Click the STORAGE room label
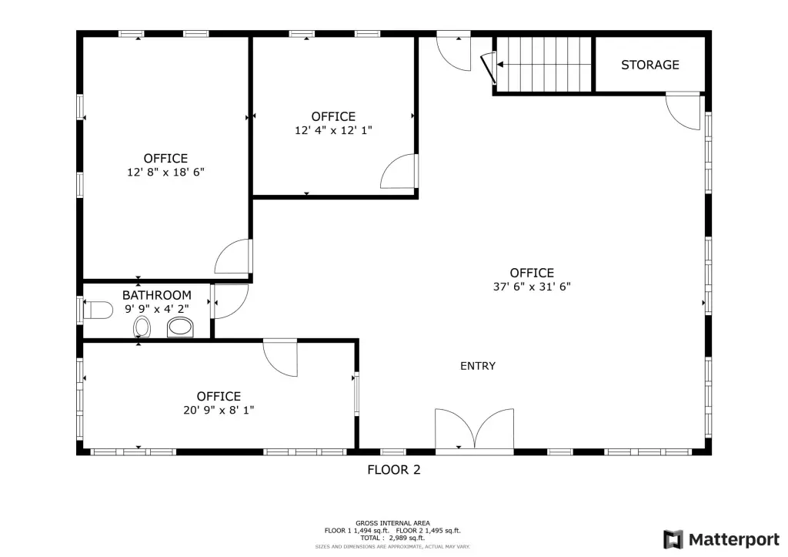649,65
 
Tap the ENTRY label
477,366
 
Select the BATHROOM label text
157,295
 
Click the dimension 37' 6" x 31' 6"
532,287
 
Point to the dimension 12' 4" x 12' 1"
333,130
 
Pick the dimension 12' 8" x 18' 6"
165,172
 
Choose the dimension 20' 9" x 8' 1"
219,410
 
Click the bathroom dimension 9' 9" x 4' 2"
157,308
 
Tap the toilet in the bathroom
98,310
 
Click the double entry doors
474,428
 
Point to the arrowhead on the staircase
500,65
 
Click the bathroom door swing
230,301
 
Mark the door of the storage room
683,111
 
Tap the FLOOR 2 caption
393,470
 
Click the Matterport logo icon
673,539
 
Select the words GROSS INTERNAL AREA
392,523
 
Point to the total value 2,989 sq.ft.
406,538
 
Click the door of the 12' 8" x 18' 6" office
233,257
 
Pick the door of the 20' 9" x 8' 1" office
280,358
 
